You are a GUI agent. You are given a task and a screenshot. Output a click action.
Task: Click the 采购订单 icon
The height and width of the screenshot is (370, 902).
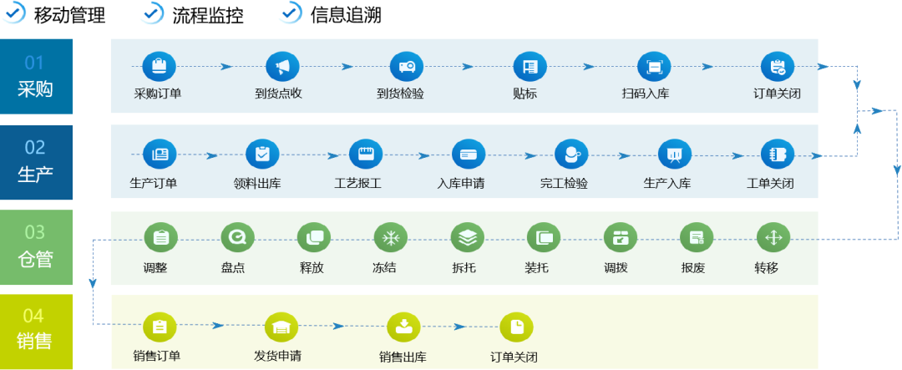coord(158,66)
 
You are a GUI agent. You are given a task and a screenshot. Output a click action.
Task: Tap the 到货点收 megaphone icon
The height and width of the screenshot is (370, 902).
coord(282,66)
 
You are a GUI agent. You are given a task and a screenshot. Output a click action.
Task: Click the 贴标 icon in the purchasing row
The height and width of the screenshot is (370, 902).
coord(530,66)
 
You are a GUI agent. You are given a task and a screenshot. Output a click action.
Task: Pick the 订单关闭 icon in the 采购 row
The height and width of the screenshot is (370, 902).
coord(778,66)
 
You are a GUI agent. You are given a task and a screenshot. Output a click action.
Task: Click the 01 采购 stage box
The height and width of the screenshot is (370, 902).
coord(35,76)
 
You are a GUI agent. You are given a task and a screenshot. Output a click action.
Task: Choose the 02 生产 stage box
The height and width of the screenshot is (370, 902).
coord(35,162)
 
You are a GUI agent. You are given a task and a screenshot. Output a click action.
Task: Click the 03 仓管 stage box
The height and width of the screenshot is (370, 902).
coord(35,248)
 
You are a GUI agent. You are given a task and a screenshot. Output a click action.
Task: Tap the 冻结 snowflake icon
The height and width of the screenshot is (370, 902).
coord(390,238)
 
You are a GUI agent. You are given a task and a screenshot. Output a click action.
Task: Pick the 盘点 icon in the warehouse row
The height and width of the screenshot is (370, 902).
coord(237,238)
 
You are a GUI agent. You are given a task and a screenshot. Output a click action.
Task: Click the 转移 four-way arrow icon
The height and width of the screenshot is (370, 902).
coord(773,238)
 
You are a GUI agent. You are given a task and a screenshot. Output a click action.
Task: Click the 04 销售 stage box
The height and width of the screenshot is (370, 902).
coord(35,329)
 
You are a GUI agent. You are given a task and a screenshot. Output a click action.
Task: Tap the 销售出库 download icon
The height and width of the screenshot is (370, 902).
coord(404,326)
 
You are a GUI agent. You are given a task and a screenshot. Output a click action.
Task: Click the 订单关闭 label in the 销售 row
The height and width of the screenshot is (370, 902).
coord(514,357)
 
